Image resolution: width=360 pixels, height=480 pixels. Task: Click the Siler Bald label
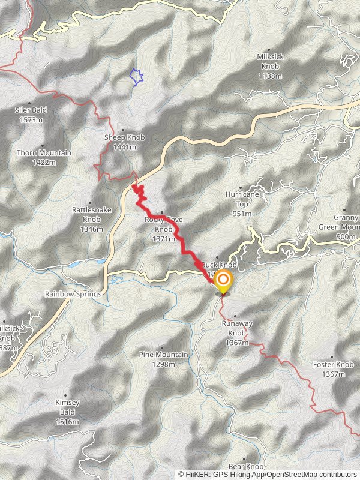31,115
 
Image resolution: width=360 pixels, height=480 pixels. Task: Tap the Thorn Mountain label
44,157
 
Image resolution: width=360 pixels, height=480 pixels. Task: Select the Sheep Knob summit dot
123,130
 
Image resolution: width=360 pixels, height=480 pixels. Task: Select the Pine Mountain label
163,359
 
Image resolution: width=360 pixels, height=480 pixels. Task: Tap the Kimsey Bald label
67,412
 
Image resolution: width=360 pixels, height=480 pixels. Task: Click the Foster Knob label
333,369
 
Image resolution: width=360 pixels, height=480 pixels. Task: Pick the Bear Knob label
246,466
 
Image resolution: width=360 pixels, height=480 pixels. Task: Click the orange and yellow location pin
223,281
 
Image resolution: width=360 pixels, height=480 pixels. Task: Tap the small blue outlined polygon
137,77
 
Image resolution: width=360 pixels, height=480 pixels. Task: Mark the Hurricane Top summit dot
241,188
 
